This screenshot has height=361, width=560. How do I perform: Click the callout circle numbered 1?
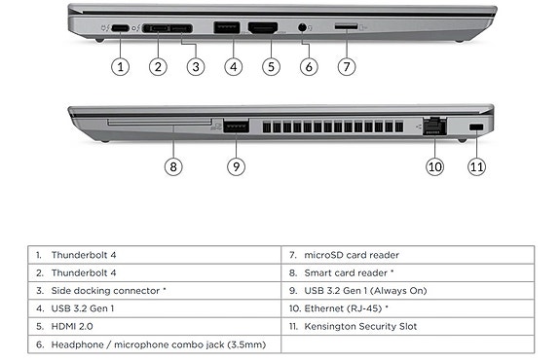121,67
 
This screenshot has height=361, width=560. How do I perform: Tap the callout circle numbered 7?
347,67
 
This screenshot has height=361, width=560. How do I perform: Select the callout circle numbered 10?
434,166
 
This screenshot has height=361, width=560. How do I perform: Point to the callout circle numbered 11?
477,166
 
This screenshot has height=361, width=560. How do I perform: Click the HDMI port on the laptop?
263,28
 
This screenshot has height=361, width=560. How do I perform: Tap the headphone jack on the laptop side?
303,27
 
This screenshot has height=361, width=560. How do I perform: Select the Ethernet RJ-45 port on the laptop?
434,126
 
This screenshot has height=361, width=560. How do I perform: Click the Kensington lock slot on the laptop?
476,127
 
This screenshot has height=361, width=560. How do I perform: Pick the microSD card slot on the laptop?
346,26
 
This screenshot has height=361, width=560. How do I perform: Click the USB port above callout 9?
236,126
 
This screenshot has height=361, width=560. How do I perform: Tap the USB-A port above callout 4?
226,28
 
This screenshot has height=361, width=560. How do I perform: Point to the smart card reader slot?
160,123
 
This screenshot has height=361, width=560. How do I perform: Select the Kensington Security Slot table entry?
408,326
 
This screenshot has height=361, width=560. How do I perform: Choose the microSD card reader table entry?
408,255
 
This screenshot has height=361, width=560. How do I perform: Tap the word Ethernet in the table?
324,308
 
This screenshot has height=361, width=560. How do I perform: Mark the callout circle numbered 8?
173,166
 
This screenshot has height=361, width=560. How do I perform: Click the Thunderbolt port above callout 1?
120,28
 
